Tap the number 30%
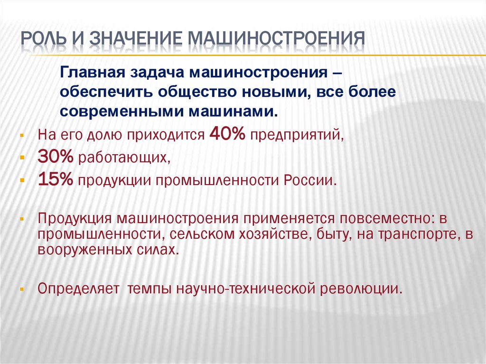[56, 156]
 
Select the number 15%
[56, 179]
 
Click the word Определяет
[78, 289]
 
